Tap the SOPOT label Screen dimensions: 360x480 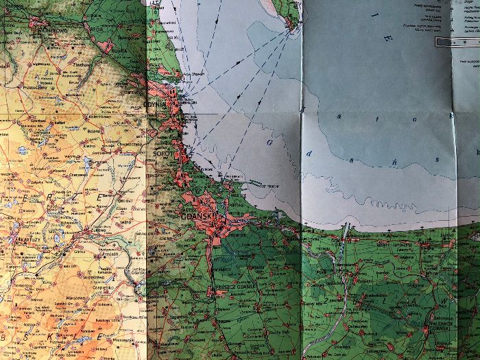point(162,154)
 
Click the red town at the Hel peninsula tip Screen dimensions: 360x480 point(290,25)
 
